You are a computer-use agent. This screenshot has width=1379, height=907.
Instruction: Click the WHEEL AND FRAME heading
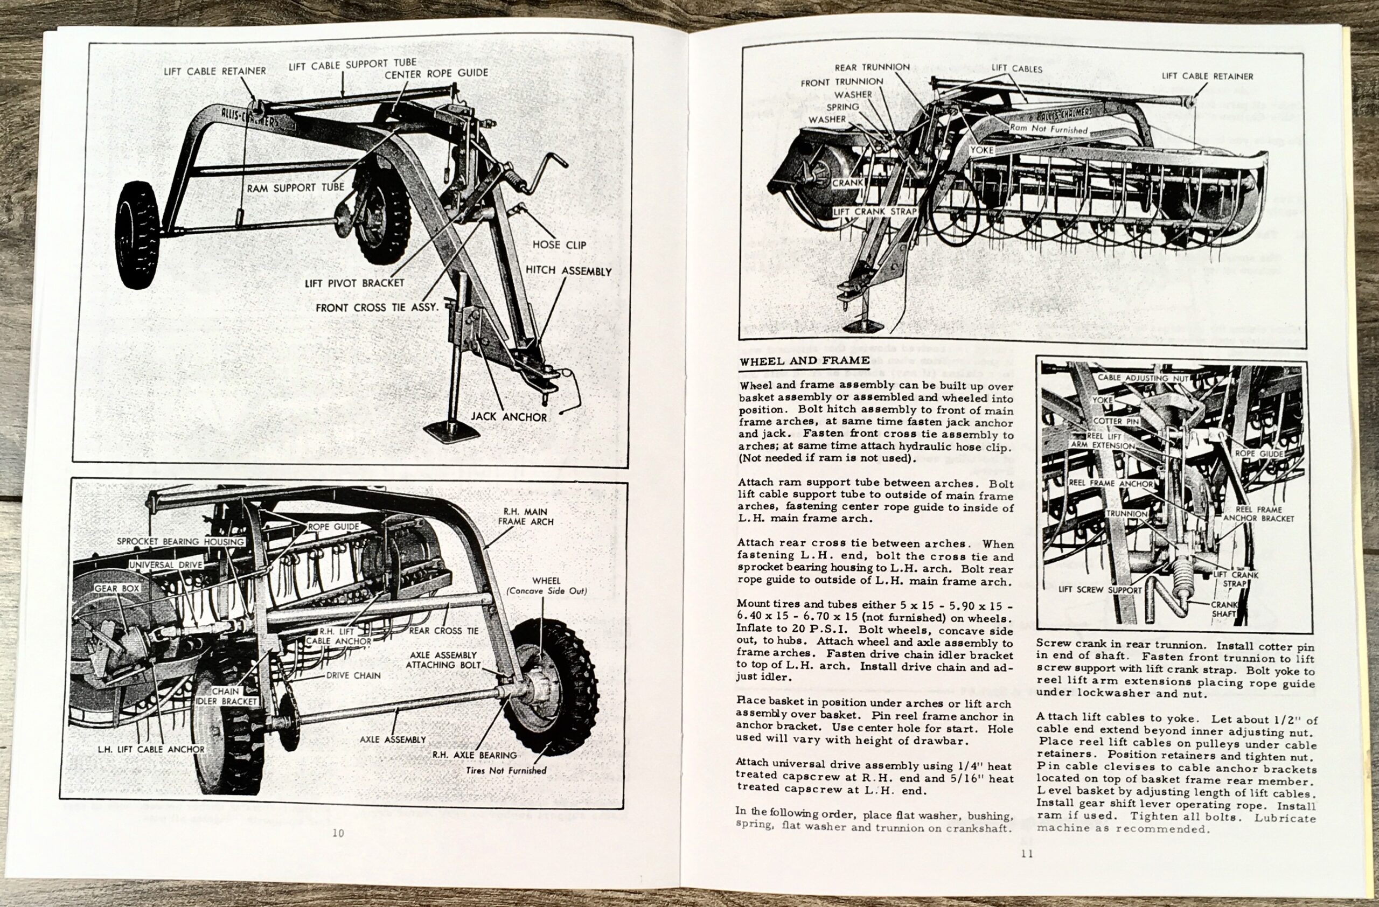[x=804, y=361]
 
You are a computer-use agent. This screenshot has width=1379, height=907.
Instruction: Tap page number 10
[x=338, y=833]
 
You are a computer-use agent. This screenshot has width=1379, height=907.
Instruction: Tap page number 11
[x=1027, y=853]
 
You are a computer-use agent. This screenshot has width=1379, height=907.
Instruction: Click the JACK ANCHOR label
[x=509, y=416]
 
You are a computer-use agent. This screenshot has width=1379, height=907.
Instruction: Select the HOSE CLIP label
[x=559, y=245]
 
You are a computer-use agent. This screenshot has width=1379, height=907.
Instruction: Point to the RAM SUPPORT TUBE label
[x=296, y=187]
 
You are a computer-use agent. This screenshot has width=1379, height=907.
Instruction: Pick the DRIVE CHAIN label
[x=353, y=675]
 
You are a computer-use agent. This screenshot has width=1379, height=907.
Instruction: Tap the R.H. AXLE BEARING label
[x=475, y=755]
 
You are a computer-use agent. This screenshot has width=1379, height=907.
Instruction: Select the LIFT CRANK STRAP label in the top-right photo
[x=874, y=212]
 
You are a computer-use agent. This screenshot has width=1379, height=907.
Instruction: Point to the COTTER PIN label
[x=1116, y=421]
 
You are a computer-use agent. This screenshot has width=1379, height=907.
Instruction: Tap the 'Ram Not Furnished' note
[x=1049, y=129]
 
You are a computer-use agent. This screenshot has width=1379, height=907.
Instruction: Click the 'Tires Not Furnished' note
[x=506, y=770]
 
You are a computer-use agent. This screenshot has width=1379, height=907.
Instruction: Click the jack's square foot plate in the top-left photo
[x=451, y=432]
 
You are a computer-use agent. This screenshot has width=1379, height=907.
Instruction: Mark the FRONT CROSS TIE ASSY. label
[x=377, y=308]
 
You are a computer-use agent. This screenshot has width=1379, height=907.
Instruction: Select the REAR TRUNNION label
[x=872, y=67]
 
